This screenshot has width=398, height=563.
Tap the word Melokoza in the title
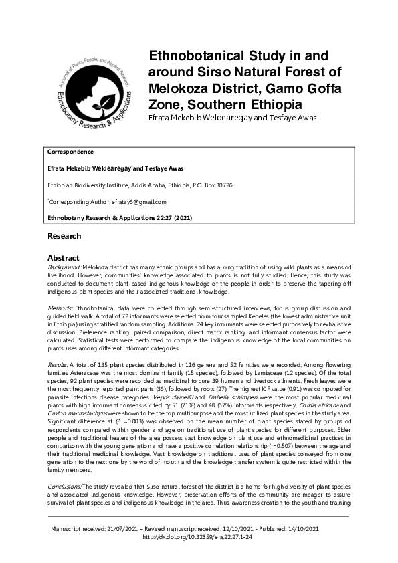tap(178, 89)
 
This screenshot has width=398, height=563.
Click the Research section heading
tap(64, 236)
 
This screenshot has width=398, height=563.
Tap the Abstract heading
tap(64, 257)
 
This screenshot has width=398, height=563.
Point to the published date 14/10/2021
tap(303, 529)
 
